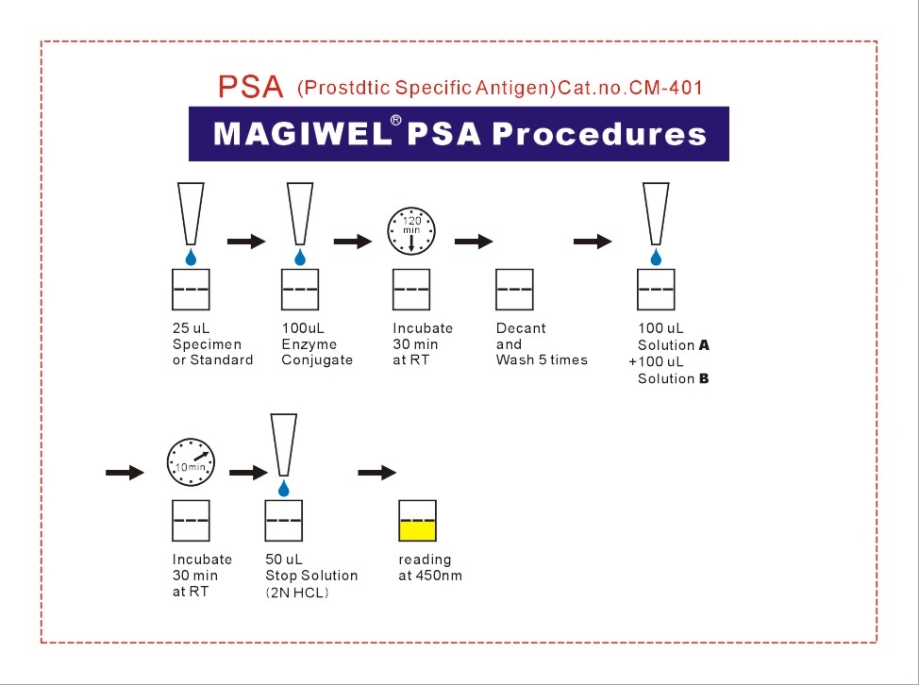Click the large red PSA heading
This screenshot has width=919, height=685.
pyautogui.click(x=251, y=87)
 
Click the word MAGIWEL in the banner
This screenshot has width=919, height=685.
pyautogui.click(x=303, y=134)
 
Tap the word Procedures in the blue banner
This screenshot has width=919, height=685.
pyautogui.click(x=599, y=134)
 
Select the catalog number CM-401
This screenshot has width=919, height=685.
pyautogui.click(x=666, y=88)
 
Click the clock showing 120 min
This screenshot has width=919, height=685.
pyautogui.click(x=411, y=231)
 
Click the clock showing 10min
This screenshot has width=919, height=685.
pyautogui.click(x=192, y=461)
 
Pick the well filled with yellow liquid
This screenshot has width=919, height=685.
pyautogui.click(x=417, y=520)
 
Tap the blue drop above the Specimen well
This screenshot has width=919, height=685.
pyautogui.click(x=191, y=258)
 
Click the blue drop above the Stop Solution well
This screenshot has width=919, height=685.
pyautogui.click(x=284, y=488)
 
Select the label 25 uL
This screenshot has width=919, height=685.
pyautogui.click(x=192, y=328)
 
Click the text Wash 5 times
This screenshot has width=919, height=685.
pyautogui.click(x=542, y=359)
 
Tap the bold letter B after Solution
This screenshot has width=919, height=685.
pyautogui.click(x=704, y=378)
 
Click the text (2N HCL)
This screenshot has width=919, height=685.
pyautogui.click(x=296, y=593)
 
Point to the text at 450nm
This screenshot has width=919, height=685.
pyautogui.click(x=430, y=576)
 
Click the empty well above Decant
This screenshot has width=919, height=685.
pyautogui.click(x=514, y=290)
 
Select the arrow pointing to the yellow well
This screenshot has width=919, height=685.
pyautogui.click(x=377, y=473)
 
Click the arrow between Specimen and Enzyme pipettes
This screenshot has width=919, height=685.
pyautogui.click(x=247, y=241)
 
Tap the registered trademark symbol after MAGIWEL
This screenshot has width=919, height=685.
pyautogui.click(x=396, y=120)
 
